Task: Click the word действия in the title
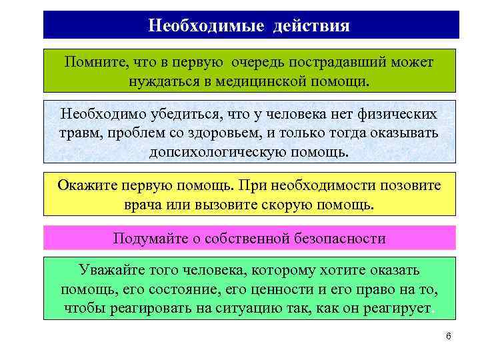[311, 25]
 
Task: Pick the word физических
[394, 113]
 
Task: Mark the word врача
[144, 203]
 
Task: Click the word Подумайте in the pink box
[147, 238]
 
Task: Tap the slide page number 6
[449, 336]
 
